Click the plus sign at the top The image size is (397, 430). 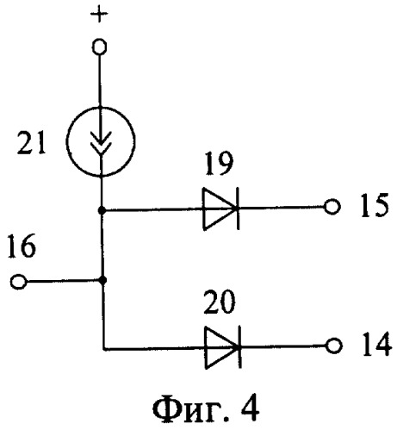(x=99, y=15)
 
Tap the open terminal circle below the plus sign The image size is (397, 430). (x=100, y=47)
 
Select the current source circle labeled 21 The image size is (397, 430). (x=66, y=141)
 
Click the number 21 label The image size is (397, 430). (x=31, y=144)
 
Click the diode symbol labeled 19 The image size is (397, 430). (x=220, y=209)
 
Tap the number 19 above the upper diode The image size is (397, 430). (x=219, y=163)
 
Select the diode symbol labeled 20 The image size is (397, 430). (x=222, y=347)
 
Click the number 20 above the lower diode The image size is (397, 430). (x=220, y=302)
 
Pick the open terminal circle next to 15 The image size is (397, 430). (x=332, y=207)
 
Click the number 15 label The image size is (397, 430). (x=375, y=205)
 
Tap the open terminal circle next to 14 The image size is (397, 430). (x=334, y=346)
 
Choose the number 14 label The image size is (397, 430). (x=376, y=345)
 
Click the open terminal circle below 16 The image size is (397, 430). (x=19, y=282)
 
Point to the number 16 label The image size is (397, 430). (x=22, y=246)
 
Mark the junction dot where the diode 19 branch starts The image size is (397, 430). (x=102, y=210)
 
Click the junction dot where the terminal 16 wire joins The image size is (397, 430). (x=102, y=280)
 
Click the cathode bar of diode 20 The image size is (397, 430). (x=239, y=347)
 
